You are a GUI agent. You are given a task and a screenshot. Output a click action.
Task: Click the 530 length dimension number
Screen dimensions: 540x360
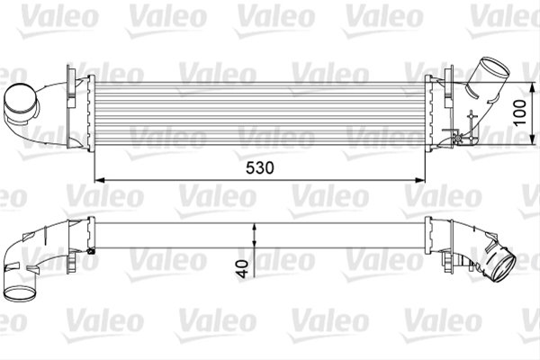[260, 167]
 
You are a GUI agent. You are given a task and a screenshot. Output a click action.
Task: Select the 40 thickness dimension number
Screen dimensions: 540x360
[243, 269]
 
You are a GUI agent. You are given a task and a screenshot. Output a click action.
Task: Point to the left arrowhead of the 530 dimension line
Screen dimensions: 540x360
[99, 180]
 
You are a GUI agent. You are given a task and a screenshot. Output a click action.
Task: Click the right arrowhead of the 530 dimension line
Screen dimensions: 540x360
[420, 180]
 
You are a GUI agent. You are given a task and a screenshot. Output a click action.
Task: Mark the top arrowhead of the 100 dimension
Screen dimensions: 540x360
[533, 88]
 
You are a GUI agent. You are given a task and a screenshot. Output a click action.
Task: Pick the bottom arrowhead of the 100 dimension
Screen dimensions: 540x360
[533, 139]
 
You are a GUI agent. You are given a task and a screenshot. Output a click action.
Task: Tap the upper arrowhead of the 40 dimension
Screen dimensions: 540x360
[254, 229]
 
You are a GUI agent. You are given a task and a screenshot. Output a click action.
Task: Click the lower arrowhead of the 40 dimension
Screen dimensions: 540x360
[254, 242]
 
